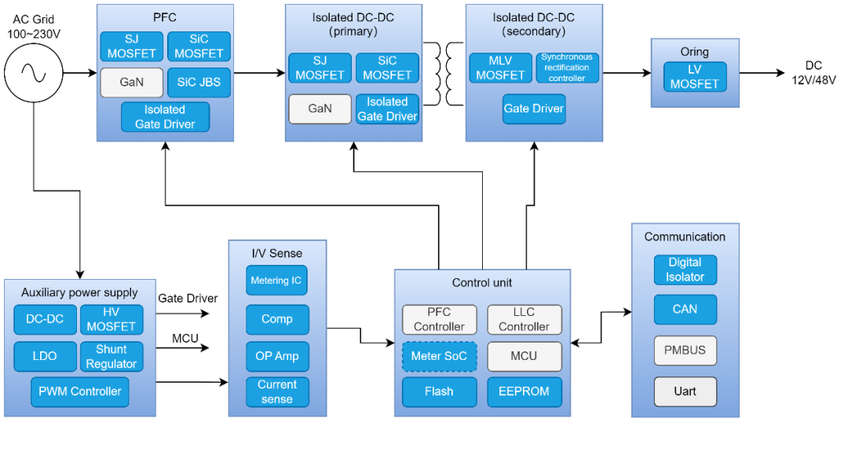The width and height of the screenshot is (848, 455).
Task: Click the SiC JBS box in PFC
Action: [x=199, y=83]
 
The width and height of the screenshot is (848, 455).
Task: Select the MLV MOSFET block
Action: [x=500, y=68]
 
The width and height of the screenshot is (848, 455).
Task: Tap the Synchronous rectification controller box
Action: [x=568, y=68]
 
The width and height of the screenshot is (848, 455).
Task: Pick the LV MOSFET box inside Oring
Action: [x=695, y=77]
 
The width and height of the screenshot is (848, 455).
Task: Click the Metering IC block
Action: [x=276, y=281]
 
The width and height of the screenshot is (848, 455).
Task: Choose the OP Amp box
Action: [x=277, y=356]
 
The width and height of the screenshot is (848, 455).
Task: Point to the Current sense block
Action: [x=277, y=391]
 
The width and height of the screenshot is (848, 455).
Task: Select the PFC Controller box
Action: [x=439, y=319]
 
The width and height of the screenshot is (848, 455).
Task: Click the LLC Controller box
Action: [x=524, y=319]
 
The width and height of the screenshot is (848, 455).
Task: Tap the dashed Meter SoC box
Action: [x=439, y=356]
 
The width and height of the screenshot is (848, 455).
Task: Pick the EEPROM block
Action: [x=524, y=391]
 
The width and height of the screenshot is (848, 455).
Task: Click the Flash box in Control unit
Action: [x=439, y=391]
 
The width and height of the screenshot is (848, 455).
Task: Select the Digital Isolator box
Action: [x=685, y=270]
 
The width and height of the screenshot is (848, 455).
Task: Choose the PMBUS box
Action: [x=685, y=350]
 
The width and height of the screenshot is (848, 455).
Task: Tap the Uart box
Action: [x=685, y=391]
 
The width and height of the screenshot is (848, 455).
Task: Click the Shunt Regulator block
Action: [x=111, y=357]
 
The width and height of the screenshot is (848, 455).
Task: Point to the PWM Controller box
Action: [x=80, y=391]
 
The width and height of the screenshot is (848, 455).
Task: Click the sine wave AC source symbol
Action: [x=34, y=72]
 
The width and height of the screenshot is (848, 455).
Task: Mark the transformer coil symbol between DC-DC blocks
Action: [x=444, y=74]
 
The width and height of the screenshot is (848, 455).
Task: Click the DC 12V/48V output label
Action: [x=814, y=73]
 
